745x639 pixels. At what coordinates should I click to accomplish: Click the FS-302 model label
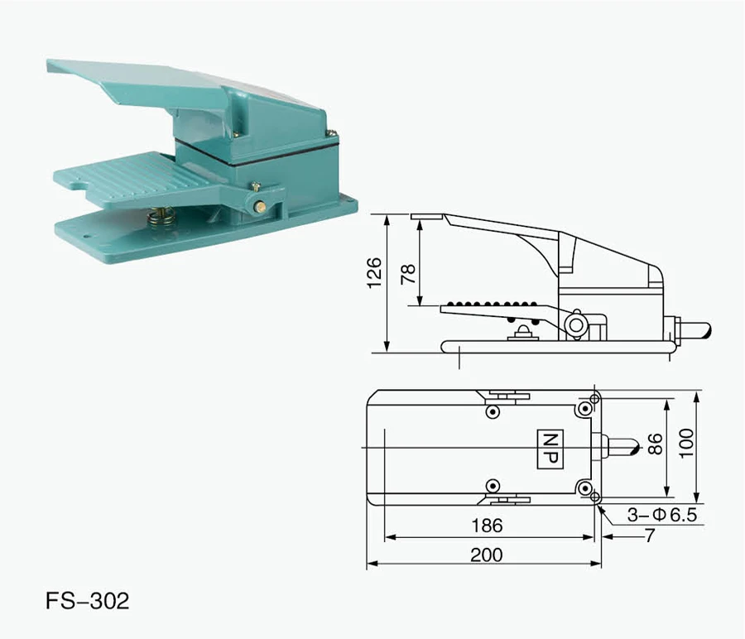click(x=88, y=600)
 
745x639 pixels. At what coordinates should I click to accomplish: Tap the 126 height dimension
click(x=375, y=273)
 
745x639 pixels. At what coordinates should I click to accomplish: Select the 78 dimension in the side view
click(x=408, y=274)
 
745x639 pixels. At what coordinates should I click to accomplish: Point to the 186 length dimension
click(x=486, y=526)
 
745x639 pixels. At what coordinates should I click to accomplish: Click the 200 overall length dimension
click(x=486, y=555)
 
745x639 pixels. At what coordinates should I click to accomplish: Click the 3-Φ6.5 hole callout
click(x=662, y=515)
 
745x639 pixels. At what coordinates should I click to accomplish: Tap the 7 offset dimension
click(x=650, y=536)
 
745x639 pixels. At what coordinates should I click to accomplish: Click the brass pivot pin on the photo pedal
click(x=260, y=207)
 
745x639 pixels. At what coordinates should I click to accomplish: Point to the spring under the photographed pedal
click(x=161, y=218)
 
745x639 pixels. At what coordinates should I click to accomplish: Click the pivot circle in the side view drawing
click(x=575, y=324)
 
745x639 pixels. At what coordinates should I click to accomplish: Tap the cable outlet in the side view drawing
click(x=692, y=331)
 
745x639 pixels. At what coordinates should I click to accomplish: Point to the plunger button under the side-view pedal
click(x=522, y=333)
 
